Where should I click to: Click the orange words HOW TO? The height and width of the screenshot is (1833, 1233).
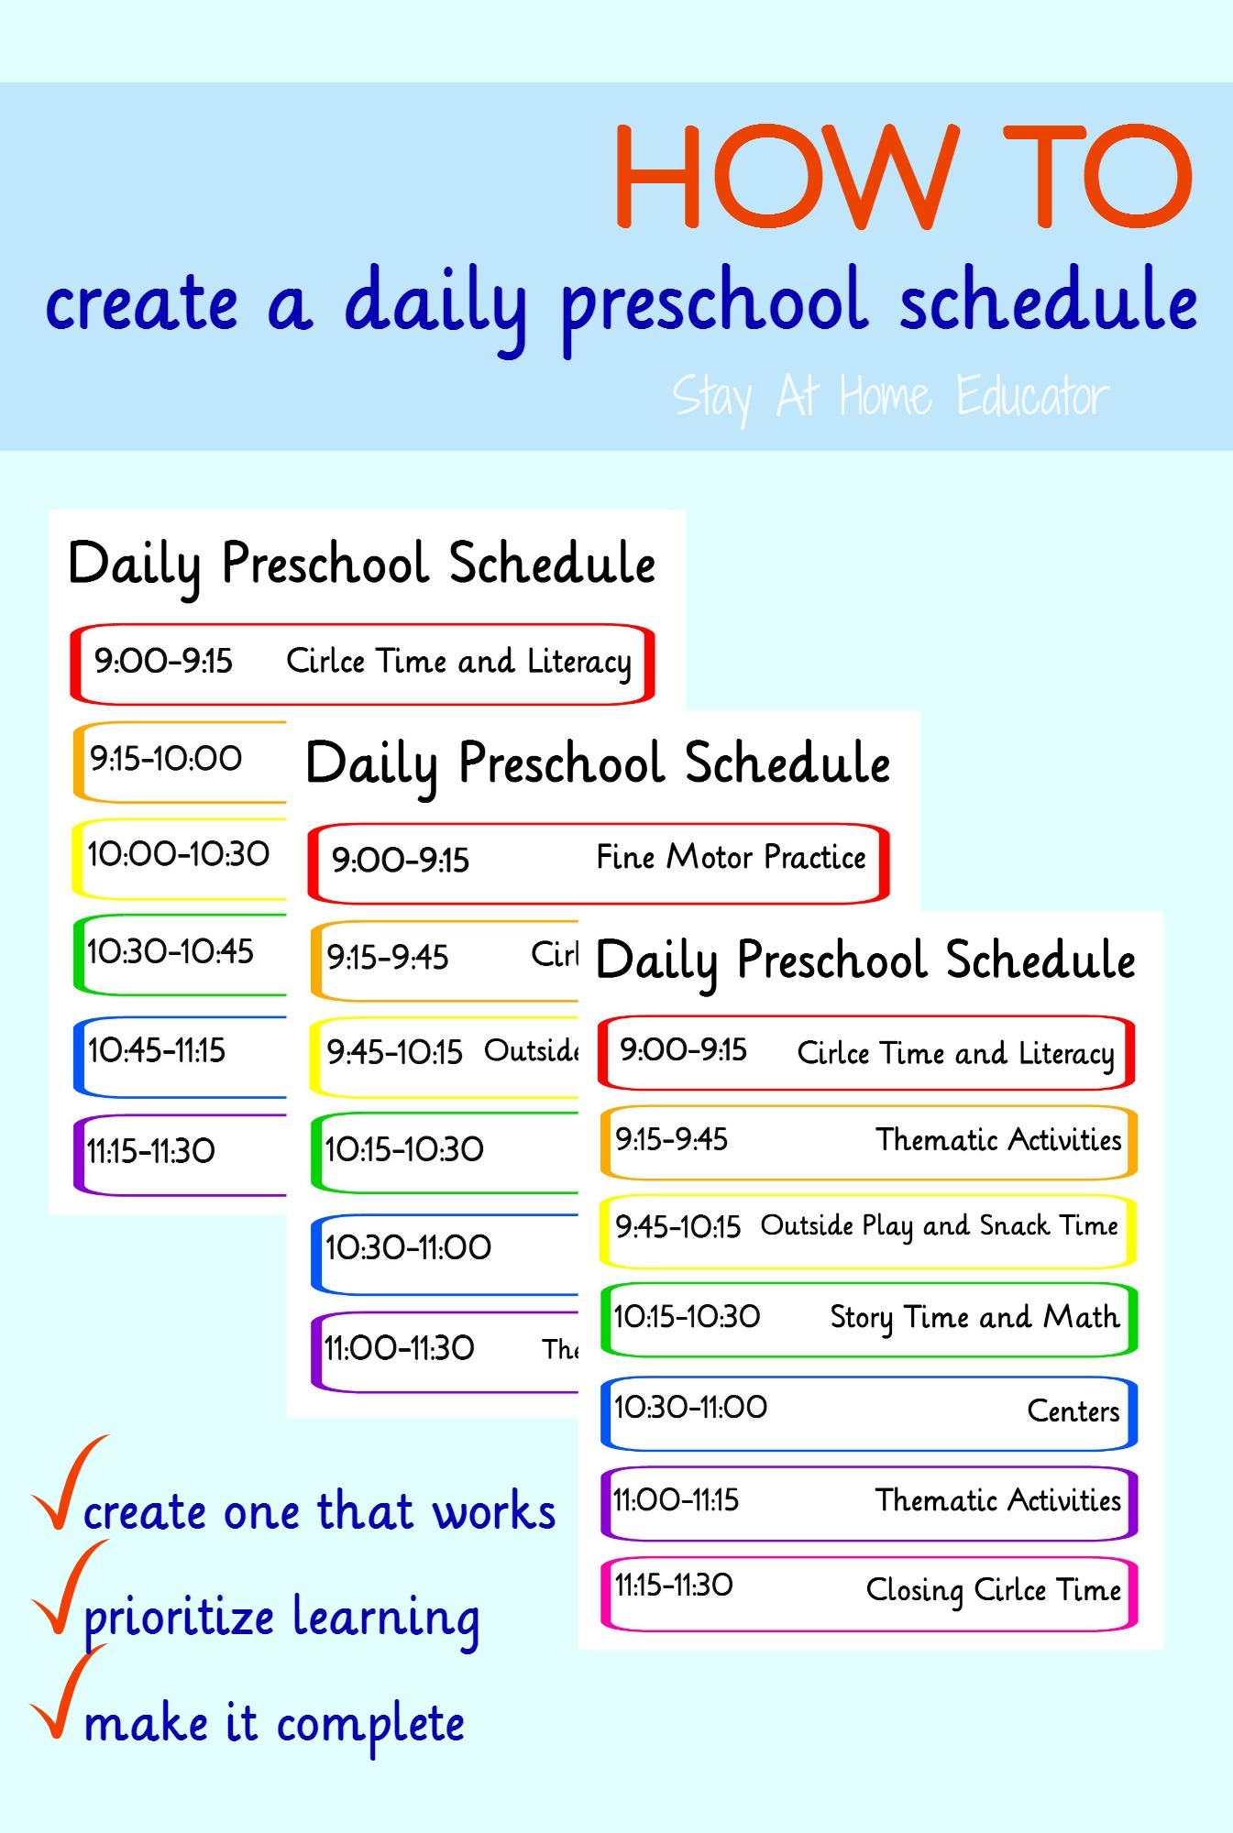904,176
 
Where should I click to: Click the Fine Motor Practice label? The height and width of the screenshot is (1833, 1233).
731,857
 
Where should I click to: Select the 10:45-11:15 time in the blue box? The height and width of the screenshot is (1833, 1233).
157,1050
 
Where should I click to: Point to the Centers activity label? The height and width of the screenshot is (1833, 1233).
1073,1410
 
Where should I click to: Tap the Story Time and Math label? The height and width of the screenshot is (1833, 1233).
974,1318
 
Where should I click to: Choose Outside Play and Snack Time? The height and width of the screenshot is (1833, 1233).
940,1226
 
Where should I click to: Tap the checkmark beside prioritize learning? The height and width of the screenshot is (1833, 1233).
69,1588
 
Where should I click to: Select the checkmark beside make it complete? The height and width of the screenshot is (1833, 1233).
69,1692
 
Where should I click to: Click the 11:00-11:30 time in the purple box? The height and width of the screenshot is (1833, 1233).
400,1348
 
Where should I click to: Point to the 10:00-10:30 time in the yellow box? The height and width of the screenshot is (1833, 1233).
179,854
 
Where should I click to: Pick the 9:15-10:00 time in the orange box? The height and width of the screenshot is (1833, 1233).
166,758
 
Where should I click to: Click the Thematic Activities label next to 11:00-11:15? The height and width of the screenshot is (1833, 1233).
998,1500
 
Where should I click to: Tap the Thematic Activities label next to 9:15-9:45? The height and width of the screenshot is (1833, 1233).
998,1139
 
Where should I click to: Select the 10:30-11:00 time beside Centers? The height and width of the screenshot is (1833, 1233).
690,1407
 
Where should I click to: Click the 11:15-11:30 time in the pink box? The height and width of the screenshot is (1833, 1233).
674,1585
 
